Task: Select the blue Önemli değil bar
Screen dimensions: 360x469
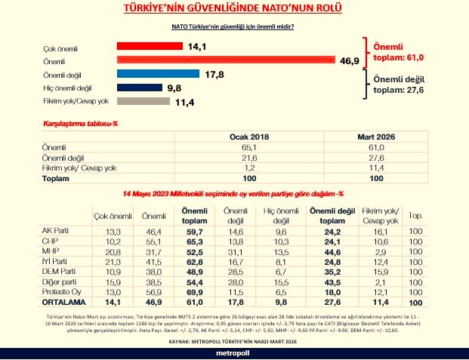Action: coord(158,74)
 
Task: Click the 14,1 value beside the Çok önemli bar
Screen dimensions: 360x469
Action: coord(197,47)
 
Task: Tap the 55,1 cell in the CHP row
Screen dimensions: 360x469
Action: coord(150,241)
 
